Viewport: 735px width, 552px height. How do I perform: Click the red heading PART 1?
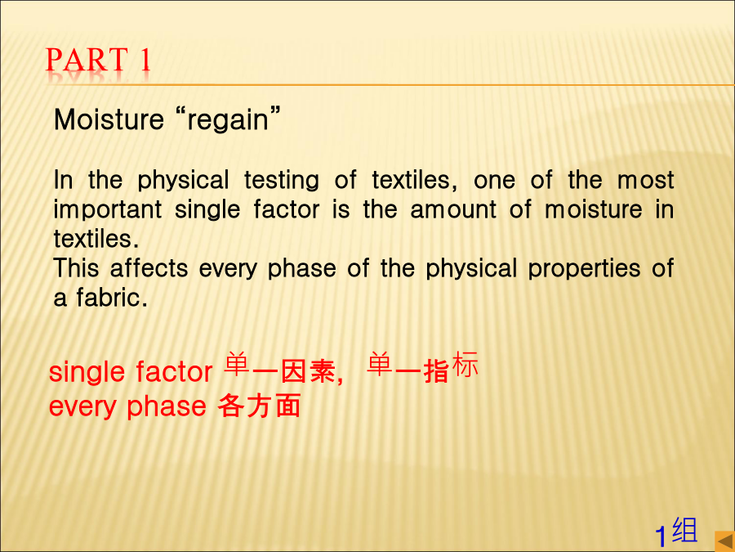(98, 60)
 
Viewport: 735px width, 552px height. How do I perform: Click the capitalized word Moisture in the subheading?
(109, 119)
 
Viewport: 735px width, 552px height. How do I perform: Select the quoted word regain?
(228, 120)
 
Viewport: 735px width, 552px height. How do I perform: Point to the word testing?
(282, 180)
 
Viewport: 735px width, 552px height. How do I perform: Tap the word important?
(108, 210)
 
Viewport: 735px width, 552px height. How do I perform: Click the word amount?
(453, 209)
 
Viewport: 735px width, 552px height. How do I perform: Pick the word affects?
(149, 268)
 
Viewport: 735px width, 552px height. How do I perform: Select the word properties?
(584, 269)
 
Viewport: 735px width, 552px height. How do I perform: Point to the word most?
(645, 180)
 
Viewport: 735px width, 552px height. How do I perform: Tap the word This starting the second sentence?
(77, 268)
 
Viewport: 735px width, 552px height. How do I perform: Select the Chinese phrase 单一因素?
(279, 369)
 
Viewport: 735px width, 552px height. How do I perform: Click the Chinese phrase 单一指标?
(422, 367)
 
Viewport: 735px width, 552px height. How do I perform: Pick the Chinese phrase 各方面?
(259, 406)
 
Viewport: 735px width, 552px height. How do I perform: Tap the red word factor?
(175, 372)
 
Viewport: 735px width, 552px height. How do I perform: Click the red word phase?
(167, 406)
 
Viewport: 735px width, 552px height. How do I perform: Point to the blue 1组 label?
(676, 532)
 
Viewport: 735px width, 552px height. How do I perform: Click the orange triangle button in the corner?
(724, 541)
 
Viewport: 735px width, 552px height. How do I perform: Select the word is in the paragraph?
(341, 209)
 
